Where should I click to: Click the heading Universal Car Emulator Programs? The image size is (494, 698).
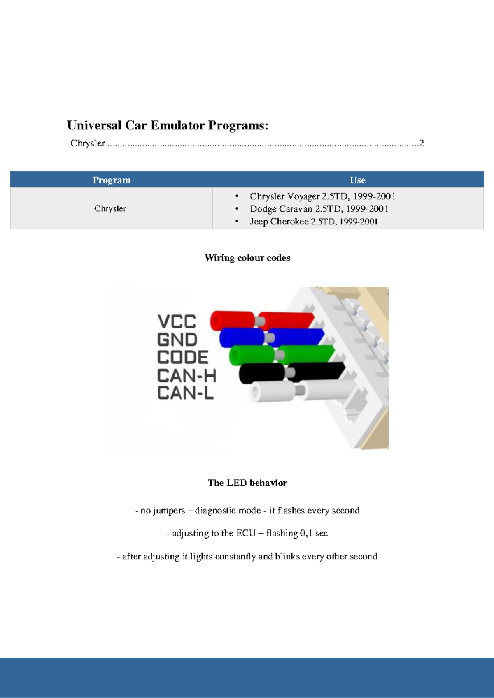168,125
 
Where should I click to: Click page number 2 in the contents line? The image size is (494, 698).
422,143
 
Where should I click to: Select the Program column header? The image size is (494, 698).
112,180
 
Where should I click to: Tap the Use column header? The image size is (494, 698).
358,180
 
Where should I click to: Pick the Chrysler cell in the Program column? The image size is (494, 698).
110,208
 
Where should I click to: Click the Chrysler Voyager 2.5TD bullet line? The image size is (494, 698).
322,196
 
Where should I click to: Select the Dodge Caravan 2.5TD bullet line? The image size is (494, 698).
319,209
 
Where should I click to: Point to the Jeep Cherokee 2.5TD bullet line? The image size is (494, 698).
313,222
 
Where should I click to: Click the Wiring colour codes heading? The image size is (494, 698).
247,258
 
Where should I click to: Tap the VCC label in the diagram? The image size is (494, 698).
177,321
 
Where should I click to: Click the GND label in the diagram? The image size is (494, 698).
177,340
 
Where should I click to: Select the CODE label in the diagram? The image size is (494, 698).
183,357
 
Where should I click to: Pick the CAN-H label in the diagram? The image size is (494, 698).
186,376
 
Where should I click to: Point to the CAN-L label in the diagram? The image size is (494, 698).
185,393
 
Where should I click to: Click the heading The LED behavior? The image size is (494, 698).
247,483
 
